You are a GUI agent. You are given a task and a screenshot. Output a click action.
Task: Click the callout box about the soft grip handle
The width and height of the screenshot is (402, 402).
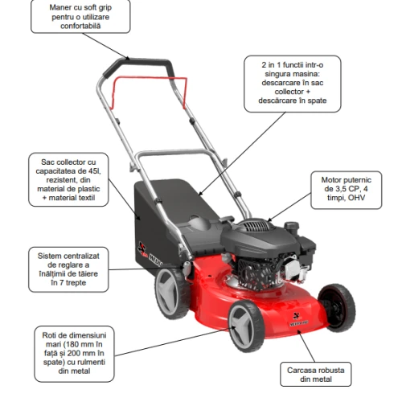coord(80,17)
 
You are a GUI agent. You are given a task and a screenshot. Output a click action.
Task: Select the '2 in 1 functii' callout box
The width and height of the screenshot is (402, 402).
coord(293,84)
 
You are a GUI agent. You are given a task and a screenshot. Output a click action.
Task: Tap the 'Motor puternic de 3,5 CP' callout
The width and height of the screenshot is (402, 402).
coord(347,190)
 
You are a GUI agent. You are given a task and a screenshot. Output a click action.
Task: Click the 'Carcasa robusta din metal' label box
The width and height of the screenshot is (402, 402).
coord(316,375)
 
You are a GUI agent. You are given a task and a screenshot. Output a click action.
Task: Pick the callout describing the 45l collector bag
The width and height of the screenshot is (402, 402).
coord(68,179)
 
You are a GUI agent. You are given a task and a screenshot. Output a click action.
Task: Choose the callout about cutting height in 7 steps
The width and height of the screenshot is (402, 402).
coord(68,269)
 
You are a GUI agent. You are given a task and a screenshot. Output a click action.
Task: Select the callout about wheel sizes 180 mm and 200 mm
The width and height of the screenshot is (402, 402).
coord(74,354)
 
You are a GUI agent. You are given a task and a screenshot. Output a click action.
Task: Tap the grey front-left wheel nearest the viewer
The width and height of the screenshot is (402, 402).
coord(246,326)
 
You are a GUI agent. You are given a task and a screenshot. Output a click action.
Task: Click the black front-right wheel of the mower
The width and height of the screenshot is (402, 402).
coord(337,308)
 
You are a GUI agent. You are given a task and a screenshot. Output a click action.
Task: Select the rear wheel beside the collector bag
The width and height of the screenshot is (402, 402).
coord(171,293)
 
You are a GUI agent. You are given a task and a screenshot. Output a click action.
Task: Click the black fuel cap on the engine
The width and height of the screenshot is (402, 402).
coord(292,226)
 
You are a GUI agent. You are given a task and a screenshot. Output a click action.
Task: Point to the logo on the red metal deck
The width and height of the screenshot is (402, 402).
coord(298,319)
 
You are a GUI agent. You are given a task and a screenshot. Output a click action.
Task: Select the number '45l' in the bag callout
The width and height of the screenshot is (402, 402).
coord(95,170)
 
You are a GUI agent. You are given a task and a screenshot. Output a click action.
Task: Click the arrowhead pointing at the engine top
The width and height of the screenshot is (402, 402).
coord(269,220)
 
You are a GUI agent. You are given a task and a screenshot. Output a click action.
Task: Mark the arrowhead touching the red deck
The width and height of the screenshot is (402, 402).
coord(299,333)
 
